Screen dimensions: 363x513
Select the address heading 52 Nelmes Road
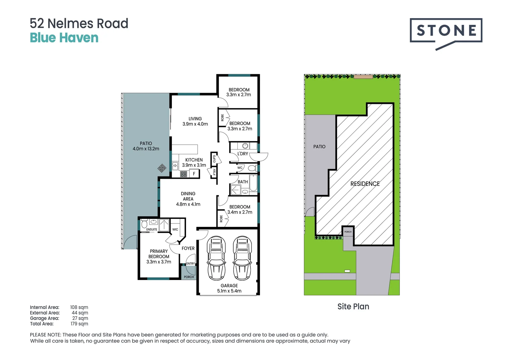(79, 24)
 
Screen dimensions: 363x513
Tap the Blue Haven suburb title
(64, 38)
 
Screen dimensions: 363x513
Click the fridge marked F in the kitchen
(194, 174)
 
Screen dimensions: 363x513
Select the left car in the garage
(216, 258)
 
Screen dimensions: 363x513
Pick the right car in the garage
(242, 258)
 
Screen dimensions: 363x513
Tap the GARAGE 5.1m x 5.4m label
(229, 288)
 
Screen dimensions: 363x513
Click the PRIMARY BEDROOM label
(159, 256)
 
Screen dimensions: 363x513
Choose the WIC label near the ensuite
(175, 230)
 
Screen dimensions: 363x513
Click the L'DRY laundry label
(243, 154)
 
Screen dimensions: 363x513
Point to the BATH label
(243, 182)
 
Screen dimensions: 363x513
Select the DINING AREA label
(188, 199)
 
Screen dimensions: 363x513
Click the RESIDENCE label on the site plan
(365, 184)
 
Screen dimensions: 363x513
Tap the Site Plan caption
(353, 307)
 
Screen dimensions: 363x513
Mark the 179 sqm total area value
(79, 324)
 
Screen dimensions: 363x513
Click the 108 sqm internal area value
(79, 307)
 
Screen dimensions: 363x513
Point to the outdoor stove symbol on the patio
(162, 168)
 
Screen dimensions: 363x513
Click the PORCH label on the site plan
(348, 232)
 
